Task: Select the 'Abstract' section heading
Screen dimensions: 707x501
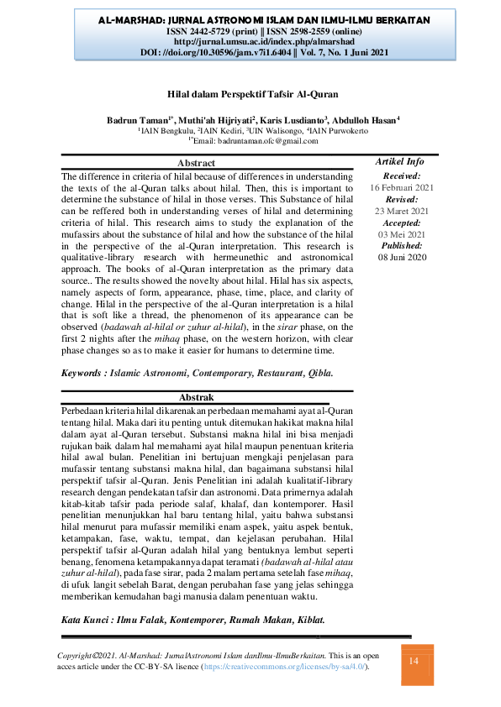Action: coord(197,163)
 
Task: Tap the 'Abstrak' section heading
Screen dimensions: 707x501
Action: coord(197,396)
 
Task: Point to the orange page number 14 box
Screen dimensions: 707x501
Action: coord(413,662)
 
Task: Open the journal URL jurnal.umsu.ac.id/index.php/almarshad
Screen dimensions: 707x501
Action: coord(250,40)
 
